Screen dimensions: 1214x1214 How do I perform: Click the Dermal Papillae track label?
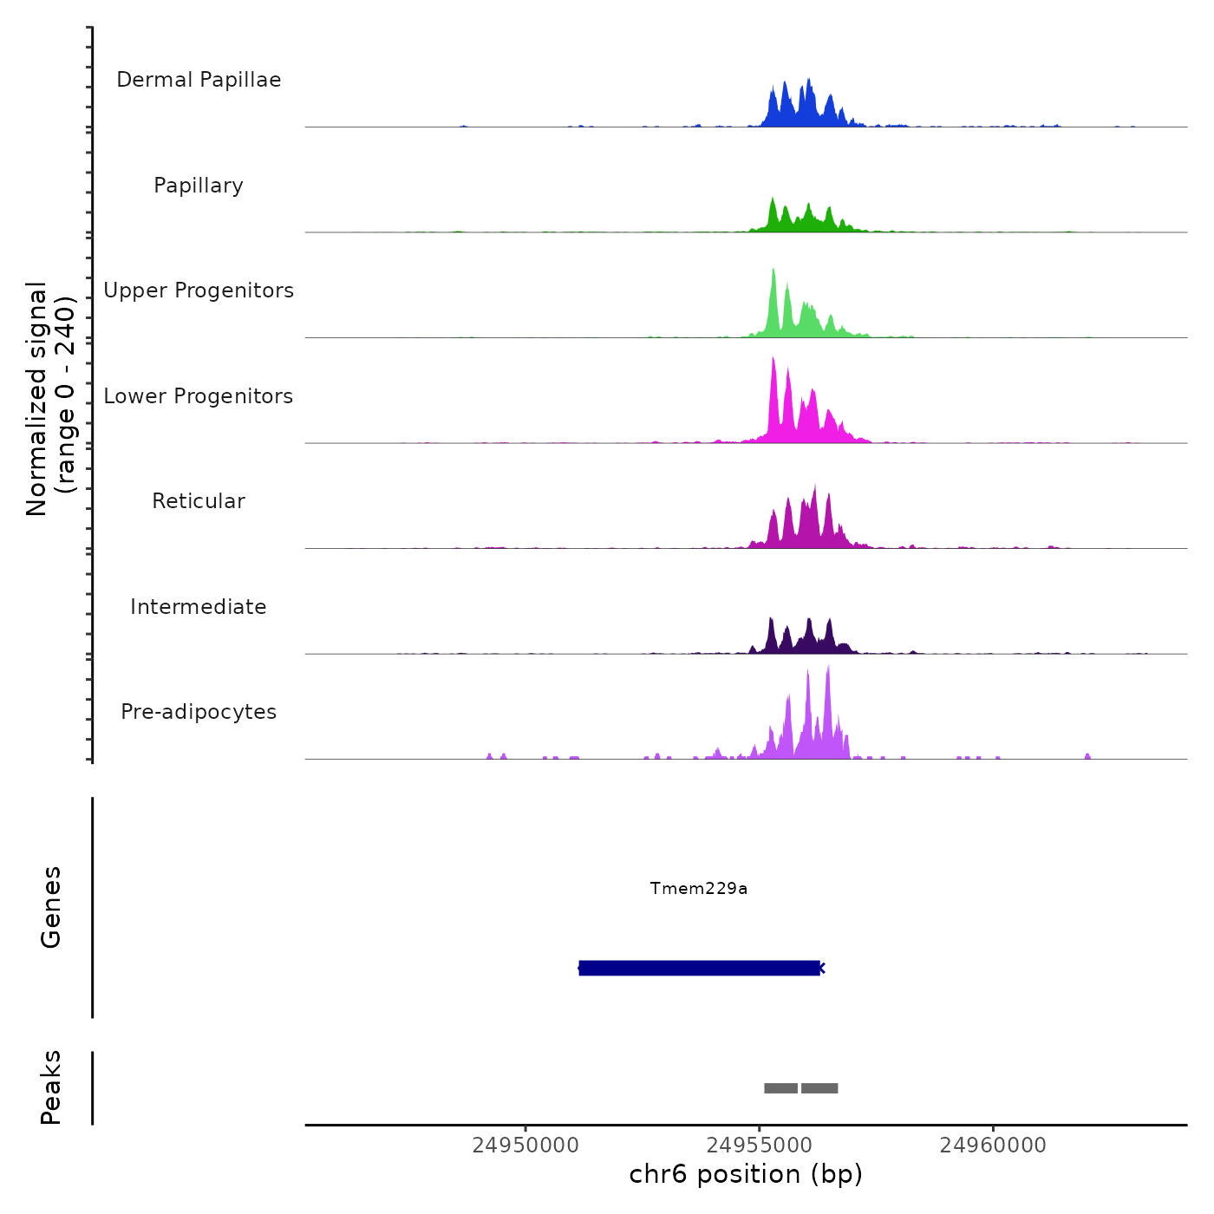tap(199, 80)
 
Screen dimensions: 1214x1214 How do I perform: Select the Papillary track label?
tap(199, 186)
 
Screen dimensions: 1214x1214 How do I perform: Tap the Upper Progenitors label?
tap(199, 290)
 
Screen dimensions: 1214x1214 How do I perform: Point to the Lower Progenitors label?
tap(199, 396)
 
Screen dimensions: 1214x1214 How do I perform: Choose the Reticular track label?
tap(199, 501)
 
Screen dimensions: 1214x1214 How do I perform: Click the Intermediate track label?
tap(199, 607)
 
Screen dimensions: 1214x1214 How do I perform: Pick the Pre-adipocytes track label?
tap(199, 712)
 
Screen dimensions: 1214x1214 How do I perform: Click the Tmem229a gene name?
tap(699, 888)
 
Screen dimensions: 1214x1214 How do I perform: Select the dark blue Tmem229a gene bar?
tap(699, 968)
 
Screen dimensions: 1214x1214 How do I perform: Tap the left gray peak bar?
tap(780, 1088)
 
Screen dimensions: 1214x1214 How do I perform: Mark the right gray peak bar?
tap(819, 1088)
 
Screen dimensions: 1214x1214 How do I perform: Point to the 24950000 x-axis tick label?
tap(525, 1145)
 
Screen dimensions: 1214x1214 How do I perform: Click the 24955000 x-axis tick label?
tap(760, 1145)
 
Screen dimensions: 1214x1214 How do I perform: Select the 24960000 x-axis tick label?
tap(993, 1145)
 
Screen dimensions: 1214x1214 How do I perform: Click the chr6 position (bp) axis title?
tap(746, 1174)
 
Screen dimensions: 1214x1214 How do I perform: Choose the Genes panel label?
tap(51, 907)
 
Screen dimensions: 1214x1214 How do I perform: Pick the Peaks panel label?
tap(51, 1087)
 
